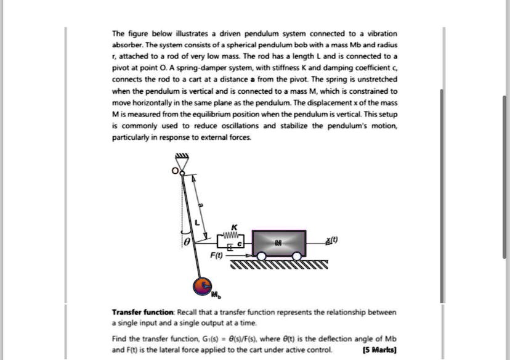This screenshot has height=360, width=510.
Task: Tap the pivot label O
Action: [x=174, y=170]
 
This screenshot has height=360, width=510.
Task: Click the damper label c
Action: [x=241, y=245]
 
